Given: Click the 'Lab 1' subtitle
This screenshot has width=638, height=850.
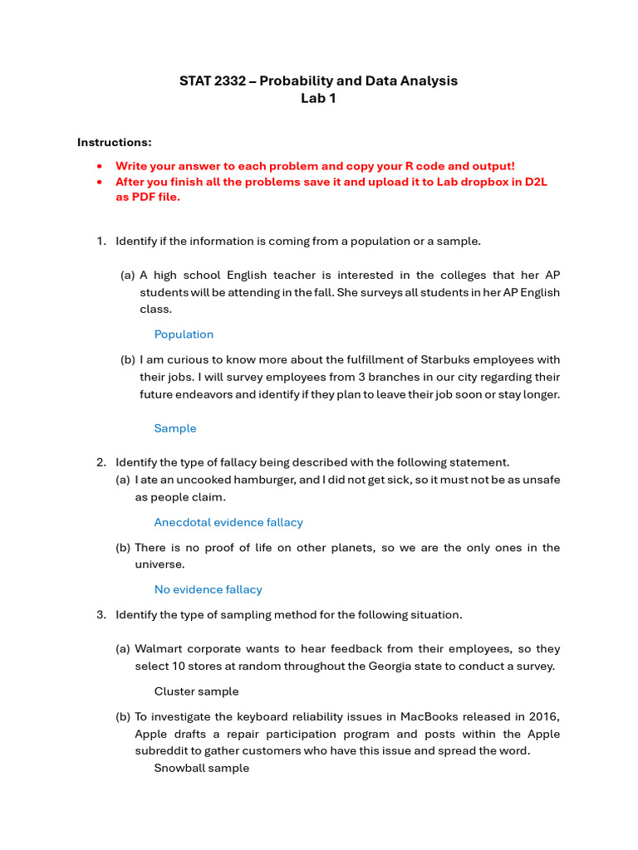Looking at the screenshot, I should coord(318,98).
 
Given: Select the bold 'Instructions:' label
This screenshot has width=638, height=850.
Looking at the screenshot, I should coord(115,142).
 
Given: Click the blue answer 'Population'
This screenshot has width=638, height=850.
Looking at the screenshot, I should coord(184,335).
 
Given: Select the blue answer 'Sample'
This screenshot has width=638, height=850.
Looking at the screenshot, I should coord(175,428).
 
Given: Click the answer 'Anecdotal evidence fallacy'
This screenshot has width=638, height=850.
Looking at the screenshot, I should coord(228,522).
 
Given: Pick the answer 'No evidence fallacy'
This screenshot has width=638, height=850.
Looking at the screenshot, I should coord(208,589).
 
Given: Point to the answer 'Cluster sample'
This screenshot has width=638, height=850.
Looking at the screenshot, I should coord(196,691).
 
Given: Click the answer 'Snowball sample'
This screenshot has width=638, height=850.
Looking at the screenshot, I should coord(201,768).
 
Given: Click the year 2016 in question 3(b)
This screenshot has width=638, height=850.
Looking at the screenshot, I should coord(545,716).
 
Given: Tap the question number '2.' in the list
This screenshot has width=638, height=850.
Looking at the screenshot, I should coord(101,462).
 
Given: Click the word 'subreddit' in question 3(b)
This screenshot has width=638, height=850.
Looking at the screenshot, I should coord(161,751).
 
